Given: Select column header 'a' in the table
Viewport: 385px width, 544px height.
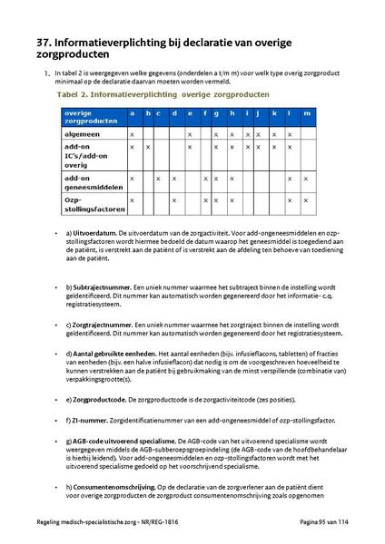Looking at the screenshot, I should [133, 113].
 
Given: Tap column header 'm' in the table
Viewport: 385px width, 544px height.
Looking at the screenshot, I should [306, 113].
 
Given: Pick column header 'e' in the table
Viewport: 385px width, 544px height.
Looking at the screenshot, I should [190, 113].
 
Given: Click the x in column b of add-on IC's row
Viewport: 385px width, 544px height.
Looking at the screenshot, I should [147, 146].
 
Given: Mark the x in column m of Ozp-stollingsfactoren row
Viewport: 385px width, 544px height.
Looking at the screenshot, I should [306, 199].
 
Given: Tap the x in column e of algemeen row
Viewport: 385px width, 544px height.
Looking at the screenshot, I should [190, 132].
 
